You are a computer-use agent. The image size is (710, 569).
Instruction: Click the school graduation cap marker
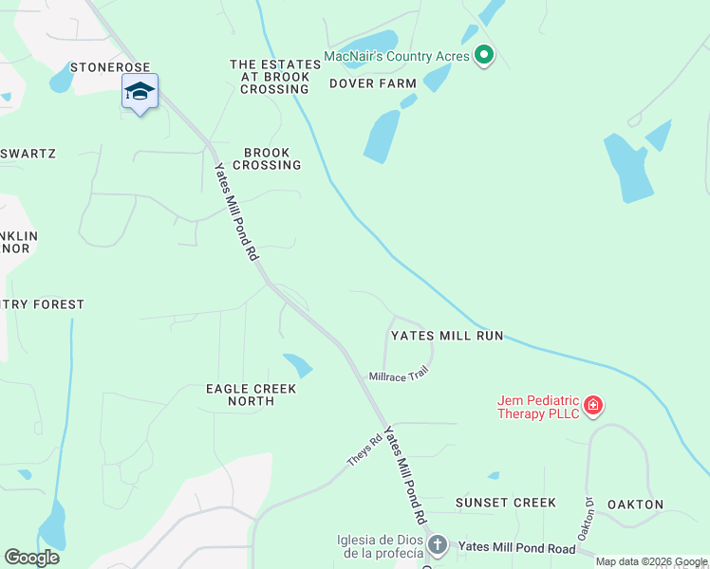point(140,92)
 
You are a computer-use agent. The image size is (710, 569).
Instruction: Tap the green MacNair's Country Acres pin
point(484,56)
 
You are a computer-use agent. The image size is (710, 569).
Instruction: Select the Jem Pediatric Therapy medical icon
point(593,406)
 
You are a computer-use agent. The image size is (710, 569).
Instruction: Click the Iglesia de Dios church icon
point(437,544)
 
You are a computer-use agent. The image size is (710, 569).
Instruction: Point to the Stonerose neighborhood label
point(109,68)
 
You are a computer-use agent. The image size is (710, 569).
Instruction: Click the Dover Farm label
point(373,83)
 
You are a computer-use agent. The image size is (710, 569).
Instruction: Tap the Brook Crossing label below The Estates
point(272,158)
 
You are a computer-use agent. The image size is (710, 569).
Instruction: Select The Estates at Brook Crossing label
point(270,77)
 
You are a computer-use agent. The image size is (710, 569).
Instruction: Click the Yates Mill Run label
point(447,336)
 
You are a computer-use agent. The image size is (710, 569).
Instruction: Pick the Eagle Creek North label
point(252,395)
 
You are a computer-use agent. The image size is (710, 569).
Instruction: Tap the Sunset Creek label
point(505,503)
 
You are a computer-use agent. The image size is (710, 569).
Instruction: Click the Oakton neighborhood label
point(635,505)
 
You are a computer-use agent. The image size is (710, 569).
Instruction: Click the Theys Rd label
point(364,449)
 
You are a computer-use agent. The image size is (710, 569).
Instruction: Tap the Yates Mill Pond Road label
point(516,547)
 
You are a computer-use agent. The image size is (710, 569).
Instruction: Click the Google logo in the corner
point(31,558)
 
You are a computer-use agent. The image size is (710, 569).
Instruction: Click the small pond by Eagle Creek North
point(298,364)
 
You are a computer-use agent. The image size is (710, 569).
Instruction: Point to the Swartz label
point(28,154)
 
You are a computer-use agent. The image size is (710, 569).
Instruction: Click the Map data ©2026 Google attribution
point(651,561)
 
